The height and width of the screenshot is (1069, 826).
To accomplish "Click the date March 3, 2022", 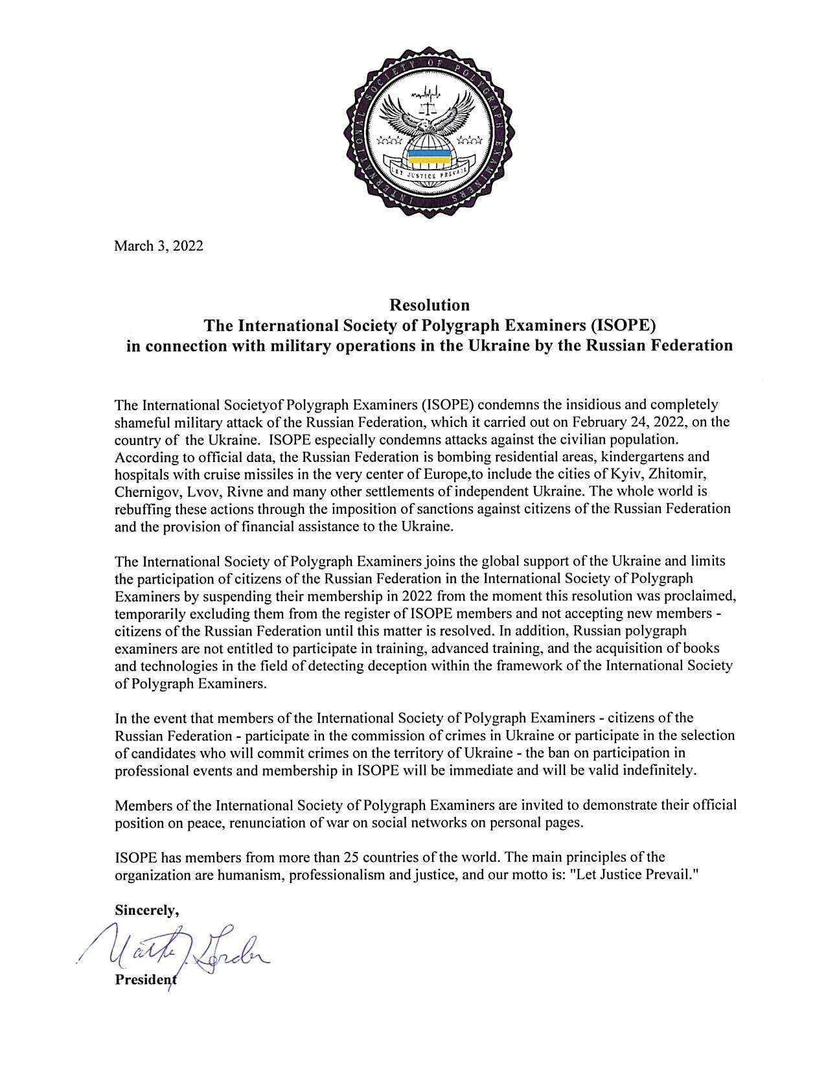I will (x=159, y=246).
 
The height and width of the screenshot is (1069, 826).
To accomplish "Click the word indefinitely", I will (x=661, y=770).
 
